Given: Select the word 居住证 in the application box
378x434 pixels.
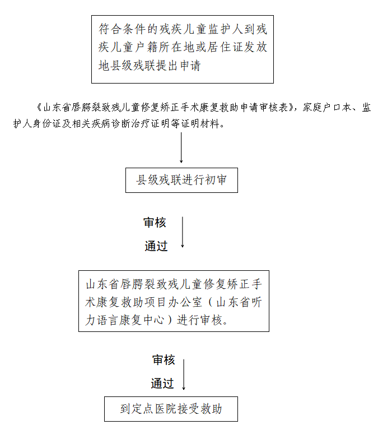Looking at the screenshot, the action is pyautogui.click(x=225, y=47).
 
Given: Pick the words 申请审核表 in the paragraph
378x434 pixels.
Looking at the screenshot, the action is pyautogui.click(x=264, y=108).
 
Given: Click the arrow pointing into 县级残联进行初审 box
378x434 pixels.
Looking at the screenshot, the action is pyautogui.click(x=181, y=147).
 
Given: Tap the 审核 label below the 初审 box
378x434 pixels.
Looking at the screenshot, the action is pyautogui.click(x=155, y=223).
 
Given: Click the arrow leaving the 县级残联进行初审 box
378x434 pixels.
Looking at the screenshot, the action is pyautogui.click(x=183, y=232).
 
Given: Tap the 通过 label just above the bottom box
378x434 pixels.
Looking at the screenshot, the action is pyautogui.click(x=162, y=384).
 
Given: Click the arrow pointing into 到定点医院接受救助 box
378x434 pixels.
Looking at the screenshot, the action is pyautogui.click(x=184, y=375).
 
